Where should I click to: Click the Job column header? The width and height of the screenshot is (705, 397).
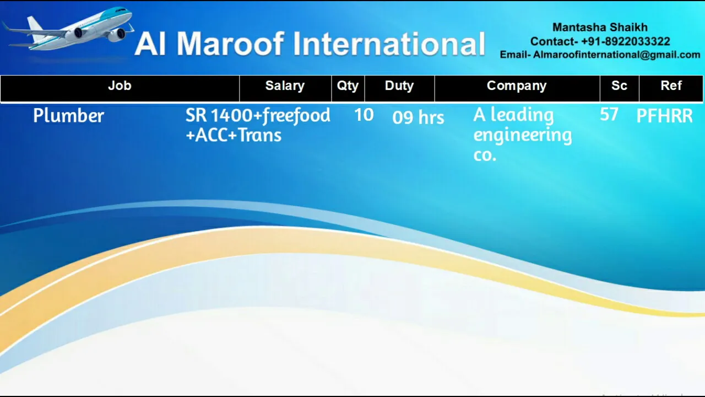tap(120, 85)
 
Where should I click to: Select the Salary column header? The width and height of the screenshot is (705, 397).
tap(285, 85)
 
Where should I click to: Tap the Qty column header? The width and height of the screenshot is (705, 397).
tap(348, 85)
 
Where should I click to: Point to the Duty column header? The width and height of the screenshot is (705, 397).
tap(399, 85)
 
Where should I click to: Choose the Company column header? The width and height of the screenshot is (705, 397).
tap(517, 85)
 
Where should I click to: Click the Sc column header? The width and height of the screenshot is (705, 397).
tap(619, 85)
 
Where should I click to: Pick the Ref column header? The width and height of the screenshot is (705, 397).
tap(671, 85)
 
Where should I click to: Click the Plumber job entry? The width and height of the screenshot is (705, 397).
tap(69, 116)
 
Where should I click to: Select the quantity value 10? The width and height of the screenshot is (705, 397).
tap(364, 115)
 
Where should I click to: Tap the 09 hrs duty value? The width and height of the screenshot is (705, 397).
tap(418, 117)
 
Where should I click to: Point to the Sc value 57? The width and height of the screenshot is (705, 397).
tap(609, 114)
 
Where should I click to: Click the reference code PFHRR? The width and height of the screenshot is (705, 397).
tap(664, 116)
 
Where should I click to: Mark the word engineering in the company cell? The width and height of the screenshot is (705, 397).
tap(523, 136)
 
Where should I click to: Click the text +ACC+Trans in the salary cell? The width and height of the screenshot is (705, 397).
tap(234, 136)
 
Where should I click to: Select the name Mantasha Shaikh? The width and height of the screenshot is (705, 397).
tap(600, 28)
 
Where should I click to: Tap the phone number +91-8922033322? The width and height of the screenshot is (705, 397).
tap(625, 41)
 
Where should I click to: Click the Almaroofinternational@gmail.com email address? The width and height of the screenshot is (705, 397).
tap(616, 55)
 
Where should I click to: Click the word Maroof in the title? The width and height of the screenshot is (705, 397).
tap(230, 44)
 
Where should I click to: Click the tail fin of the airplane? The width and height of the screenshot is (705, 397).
tap(35, 27)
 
